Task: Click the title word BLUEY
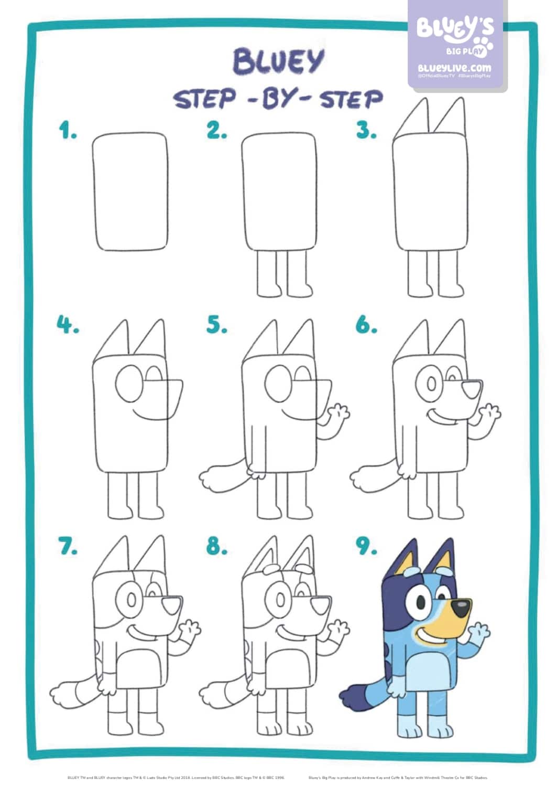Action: coord(278,61)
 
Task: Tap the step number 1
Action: coord(68,130)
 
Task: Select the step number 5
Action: coord(216,325)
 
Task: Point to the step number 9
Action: coord(366,546)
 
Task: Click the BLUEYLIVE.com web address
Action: coord(454,68)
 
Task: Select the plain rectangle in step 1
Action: coord(131,192)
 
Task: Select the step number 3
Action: coord(366,130)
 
